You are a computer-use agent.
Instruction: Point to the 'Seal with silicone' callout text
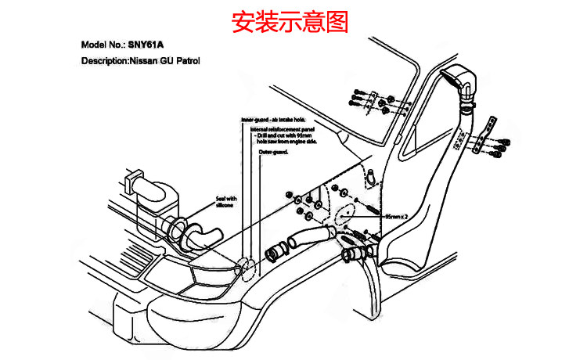(x=225, y=202)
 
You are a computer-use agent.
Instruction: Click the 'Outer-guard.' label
(x=273, y=153)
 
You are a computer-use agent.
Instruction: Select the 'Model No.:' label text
(x=104, y=45)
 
